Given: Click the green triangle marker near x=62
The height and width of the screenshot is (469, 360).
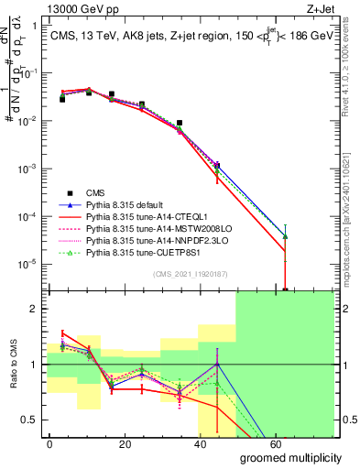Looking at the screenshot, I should pos(286,235).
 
